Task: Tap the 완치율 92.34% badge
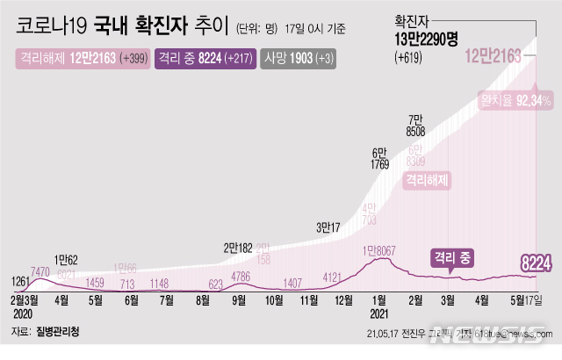[514, 101]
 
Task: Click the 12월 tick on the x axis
[344, 299]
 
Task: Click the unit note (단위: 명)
[263, 27]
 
